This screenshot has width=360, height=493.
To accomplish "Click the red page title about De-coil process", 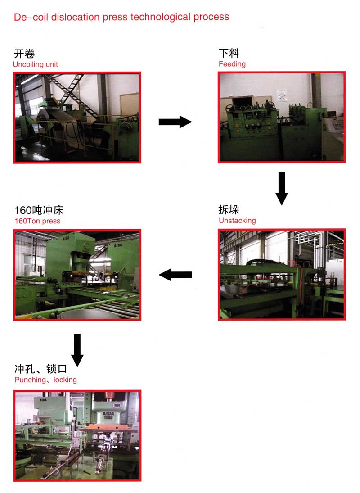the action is pyautogui.click(x=121, y=17).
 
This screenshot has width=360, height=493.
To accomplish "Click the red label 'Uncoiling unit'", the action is pyautogui.click(x=36, y=64).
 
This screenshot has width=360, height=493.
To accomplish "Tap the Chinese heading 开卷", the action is pyautogui.click(x=24, y=54).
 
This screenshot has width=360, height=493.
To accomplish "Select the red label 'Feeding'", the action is pyautogui.click(x=232, y=64).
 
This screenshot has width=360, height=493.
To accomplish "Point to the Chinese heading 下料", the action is pyautogui.click(x=229, y=53).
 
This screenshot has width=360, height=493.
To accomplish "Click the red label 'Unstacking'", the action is pyautogui.click(x=237, y=221).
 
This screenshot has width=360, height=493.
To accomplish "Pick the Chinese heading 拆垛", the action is pyautogui.click(x=229, y=209).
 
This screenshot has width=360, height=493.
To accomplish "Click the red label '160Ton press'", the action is pyautogui.click(x=37, y=221).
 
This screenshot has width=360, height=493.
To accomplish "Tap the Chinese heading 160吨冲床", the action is pyautogui.click(x=39, y=210).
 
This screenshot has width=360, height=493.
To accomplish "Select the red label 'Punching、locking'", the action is pyautogui.click(x=46, y=380).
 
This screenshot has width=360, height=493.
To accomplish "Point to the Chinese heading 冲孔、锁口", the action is pyautogui.click(x=41, y=368).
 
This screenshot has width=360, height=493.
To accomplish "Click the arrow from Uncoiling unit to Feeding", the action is pyautogui.click(x=175, y=122).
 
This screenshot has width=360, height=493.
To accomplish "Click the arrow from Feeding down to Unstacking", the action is pyautogui.click(x=282, y=189).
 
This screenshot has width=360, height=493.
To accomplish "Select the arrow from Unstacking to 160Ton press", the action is pyautogui.click(x=175, y=275).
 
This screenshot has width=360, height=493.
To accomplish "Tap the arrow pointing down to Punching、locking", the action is pyautogui.click(x=77, y=350).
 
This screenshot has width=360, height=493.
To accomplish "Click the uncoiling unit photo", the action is pyautogui.click(x=77, y=118).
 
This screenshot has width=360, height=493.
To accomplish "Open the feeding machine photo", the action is pyautogui.click(x=282, y=117).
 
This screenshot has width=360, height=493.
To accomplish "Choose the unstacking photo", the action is pyautogui.click(x=282, y=275).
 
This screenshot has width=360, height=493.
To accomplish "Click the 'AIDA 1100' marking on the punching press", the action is pyautogui.click(x=108, y=416).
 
